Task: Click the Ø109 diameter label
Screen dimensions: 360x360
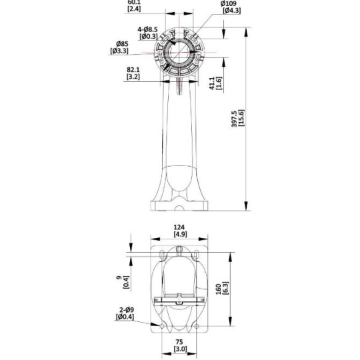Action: click(231, 4)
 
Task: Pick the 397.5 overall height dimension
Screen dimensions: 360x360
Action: click(251, 106)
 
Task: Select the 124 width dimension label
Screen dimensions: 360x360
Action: click(179, 227)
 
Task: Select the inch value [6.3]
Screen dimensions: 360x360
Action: click(227, 290)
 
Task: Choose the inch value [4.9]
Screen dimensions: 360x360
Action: click(179, 235)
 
